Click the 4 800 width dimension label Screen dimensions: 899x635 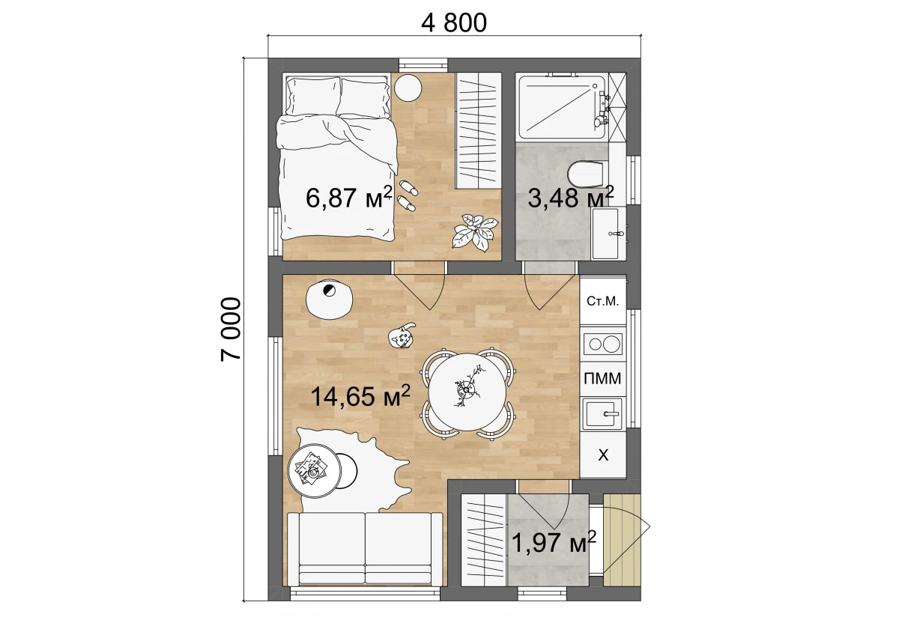tap(453, 23)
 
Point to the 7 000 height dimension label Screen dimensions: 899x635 tap(231, 329)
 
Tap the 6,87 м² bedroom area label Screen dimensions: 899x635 tap(349, 198)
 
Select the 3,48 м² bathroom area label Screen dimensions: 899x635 tap(570, 197)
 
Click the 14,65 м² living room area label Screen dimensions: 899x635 tap(360, 396)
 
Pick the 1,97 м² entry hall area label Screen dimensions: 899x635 tap(554, 542)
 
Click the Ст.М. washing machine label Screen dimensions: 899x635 tap(602, 301)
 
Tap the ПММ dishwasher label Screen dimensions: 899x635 tap(602, 378)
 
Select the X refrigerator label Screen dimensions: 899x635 tap(603, 455)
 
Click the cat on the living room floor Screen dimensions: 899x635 tap(402, 335)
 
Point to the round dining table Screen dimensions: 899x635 tap(467, 392)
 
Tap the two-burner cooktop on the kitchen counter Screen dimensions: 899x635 tap(602, 344)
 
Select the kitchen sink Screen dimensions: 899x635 tap(602, 414)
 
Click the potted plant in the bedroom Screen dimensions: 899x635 tap(476, 233)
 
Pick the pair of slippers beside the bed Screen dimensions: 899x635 tap(408, 195)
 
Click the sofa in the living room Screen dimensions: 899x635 tap(366, 548)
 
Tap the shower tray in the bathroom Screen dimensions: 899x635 tap(562, 107)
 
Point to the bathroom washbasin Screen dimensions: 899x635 tap(605, 233)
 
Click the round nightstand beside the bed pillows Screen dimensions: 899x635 tap(408, 88)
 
